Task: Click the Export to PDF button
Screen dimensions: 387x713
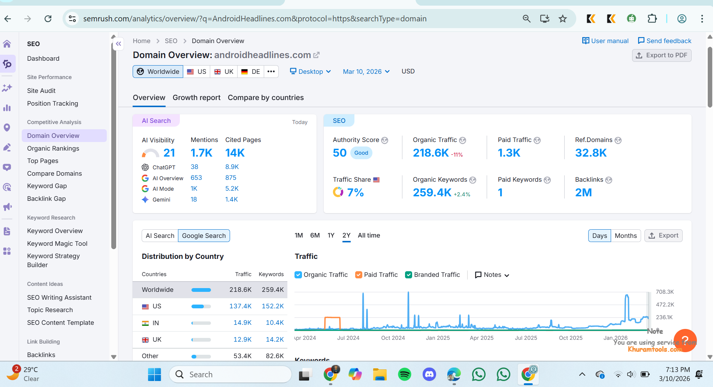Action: tap(662, 55)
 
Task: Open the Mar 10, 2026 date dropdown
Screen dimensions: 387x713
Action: tap(366, 72)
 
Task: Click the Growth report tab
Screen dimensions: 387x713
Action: tap(196, 98)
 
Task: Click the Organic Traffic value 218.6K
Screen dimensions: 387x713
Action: tap(430, 153)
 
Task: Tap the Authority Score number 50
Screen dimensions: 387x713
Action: tap(339, 153)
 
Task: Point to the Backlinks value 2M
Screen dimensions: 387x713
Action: tap(583, 193)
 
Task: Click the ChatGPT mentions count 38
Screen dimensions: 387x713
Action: tap(194, 167)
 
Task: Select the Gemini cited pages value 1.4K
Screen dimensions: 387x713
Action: tap(232, 200)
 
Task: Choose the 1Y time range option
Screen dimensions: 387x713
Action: tap(331, 236)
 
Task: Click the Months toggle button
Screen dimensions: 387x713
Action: tap(625, 236)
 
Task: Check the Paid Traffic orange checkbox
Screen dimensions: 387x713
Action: tap(359, 275)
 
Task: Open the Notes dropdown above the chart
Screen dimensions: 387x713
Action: tap(492, 275)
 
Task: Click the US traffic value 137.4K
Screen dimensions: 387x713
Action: tap(240, 306)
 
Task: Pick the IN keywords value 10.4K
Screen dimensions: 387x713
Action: tap(275, 323)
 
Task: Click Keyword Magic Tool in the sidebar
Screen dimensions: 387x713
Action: tap(57, 244)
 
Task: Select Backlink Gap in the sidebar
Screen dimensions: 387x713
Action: tap(46, 199)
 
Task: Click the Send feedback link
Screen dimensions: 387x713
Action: tap(664, 41)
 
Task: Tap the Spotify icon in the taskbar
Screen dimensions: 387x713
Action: tap(404, 374)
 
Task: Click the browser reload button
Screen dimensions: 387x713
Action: tap(48, 19)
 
